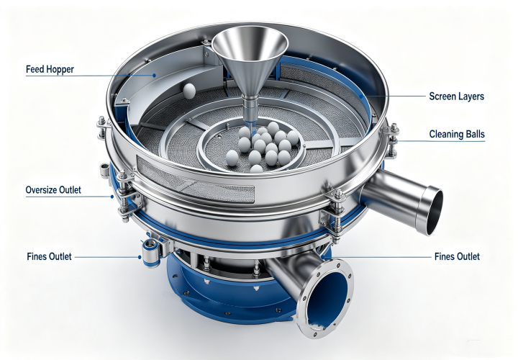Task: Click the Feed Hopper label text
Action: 50,69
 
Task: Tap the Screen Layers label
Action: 457,96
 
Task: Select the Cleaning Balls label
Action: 457,134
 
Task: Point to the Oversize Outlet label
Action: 53,190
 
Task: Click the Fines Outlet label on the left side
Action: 49,256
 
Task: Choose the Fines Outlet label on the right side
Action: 457,256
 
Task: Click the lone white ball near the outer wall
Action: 189,91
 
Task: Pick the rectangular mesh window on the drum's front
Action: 195,180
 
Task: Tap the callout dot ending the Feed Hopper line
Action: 154,75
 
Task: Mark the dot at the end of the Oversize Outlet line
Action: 112,197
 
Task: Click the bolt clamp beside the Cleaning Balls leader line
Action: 392,140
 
